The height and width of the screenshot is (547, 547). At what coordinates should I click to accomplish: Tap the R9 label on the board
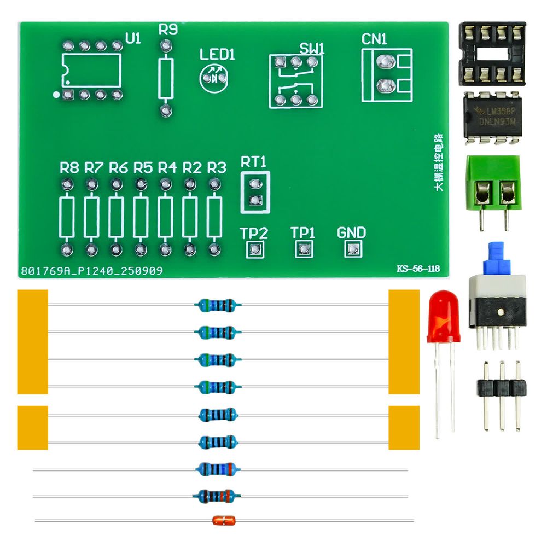[x=168, y=31]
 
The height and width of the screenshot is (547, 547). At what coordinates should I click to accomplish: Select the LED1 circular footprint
[x=213, y=78]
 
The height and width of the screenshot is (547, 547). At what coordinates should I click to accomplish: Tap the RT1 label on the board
[x=253, y=162]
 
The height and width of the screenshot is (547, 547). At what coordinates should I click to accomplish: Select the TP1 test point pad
[x=303, y=249]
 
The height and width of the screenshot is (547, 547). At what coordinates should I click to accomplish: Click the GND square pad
[x=351, y=249]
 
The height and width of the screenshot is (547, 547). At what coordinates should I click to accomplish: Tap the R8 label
[x=69, y=167]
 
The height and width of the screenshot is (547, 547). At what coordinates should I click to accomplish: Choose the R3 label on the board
[x=217, y=167]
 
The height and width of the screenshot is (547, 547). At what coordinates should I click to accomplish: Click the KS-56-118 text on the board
[x=418, y=269]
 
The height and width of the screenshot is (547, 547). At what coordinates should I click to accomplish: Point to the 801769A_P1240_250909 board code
[x=91, y=271]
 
